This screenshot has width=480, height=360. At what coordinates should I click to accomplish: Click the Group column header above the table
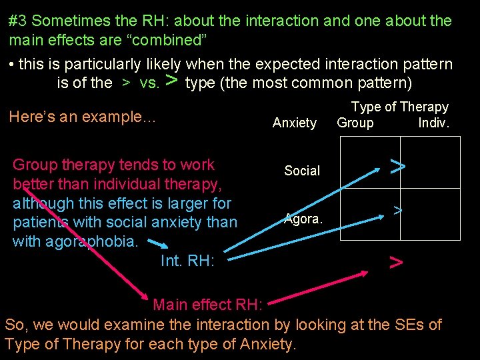point(355,123)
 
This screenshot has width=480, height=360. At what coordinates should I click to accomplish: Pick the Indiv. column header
point(434,123)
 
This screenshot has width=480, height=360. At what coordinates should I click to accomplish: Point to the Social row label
point(302,171)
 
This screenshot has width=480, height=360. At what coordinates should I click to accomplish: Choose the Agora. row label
point(303,219)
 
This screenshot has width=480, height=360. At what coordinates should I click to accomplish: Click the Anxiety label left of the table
point(295,123)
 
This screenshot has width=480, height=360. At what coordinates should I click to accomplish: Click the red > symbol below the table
point(396,263)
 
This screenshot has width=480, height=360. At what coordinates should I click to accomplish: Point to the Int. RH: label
point(187,261)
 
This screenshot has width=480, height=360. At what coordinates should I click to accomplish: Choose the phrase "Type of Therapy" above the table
point(400,107)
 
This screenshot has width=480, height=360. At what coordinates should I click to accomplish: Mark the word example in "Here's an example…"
point(123,117)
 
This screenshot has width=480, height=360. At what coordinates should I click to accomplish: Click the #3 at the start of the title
point(18,21)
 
